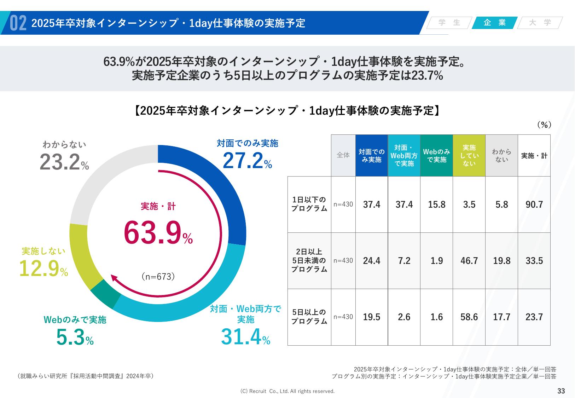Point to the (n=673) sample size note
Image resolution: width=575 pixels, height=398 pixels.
pyautogui.click(x=158, y=277)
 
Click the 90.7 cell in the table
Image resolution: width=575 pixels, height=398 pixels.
pyautogui.click(x=534, y=204)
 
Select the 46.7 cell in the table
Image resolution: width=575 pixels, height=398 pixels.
pyautogui.click(x=469, y=261)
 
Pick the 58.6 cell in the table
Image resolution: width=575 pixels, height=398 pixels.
pyautogui.click(x=469, y=317)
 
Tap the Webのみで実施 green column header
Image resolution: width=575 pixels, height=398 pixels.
pyautogui.click(x=436, y=155)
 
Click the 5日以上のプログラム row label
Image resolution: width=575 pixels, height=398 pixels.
pyautogui.click(x=309, y=317)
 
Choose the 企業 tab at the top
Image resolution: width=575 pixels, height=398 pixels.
pyautogui.click(x=495, y=23)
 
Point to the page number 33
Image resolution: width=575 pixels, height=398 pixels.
pyautogui.click(x=561, y=391)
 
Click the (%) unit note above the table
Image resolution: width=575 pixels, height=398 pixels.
pyautogui.click(x=544, y=125)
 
